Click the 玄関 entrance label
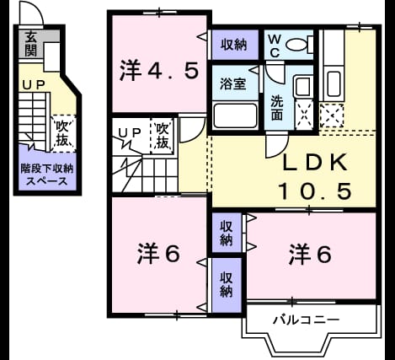[x=31, y=44]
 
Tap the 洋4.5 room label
[x=159, y=71]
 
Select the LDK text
[x=315, y=163]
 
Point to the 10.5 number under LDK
[x=315, y=191]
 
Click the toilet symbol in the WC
[x=299, y=44]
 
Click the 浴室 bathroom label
[x=233, y=83]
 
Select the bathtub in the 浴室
[x=235, y=116]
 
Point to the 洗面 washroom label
[x=276, y=108]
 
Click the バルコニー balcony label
[x=307, y=320]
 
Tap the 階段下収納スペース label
[x=47, y=175]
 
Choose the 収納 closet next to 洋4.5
[x=233, y=45]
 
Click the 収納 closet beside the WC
[x=233, y=45]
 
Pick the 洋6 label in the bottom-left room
[x=158, y=254]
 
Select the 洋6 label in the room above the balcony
[x=310, y=254]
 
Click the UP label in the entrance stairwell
[x=34, y=85]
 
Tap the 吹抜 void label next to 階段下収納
[x=62, y=133]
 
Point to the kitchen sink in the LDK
[x=334, y=84]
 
